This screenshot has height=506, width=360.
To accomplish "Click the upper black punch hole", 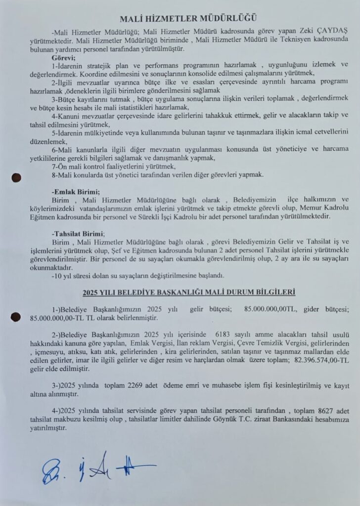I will click(x=17, y=176).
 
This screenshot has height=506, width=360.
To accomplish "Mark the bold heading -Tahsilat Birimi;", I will click(x=78, y=233).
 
